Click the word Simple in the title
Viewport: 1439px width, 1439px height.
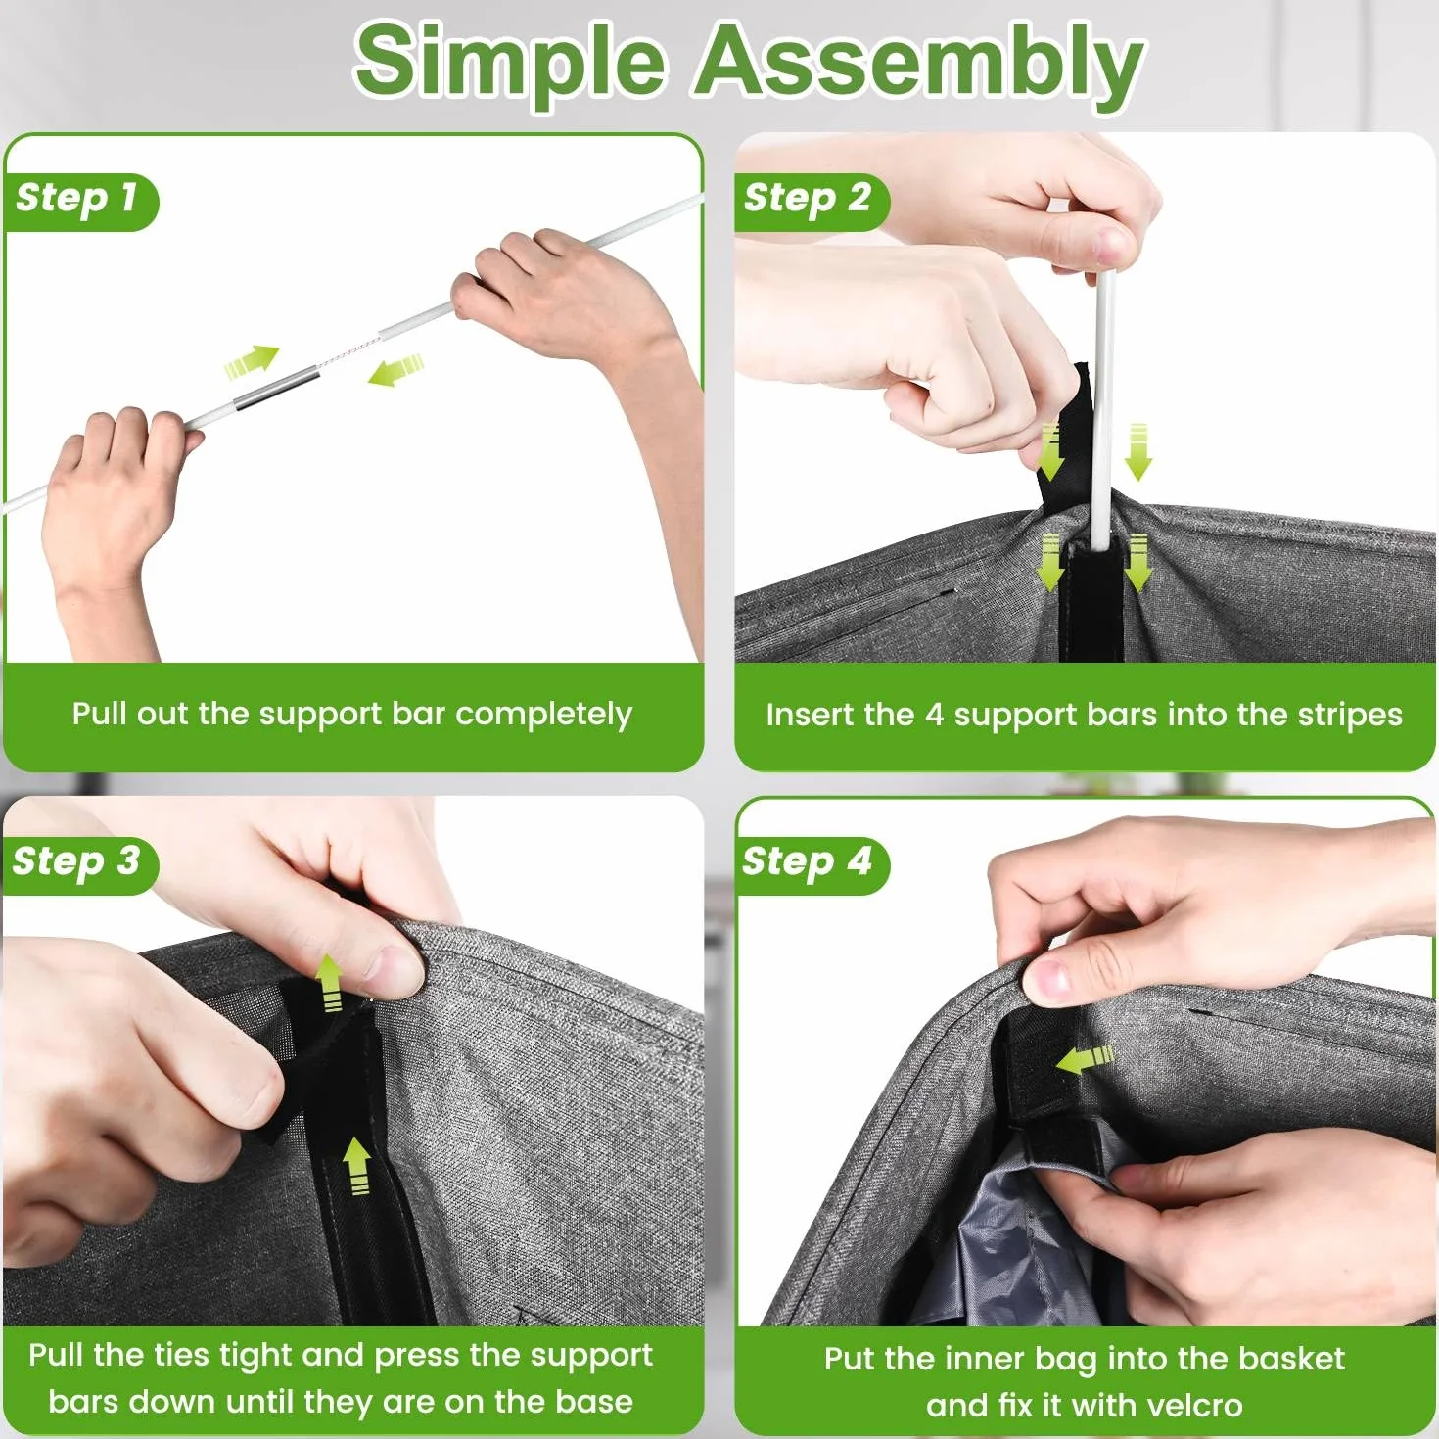pyautogui.click(x=510, y=65)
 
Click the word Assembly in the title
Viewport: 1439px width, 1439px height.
pyautogui.click(x=919, y=65)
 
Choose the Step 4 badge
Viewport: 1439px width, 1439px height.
pyautogui.click(x=812, y=864)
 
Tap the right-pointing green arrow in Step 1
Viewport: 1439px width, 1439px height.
pyautogui.click(x=252, y=360)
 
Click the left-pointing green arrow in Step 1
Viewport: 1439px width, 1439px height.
pyautogui.click(x=395, y=370)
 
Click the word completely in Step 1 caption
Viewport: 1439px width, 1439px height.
pyautogui.click(x=543, y=715)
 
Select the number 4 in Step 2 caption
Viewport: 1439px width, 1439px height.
pyautogui.click(x=934, y=715)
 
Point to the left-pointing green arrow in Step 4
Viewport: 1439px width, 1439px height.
pyautogui.click(x=1086, y=1058)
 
